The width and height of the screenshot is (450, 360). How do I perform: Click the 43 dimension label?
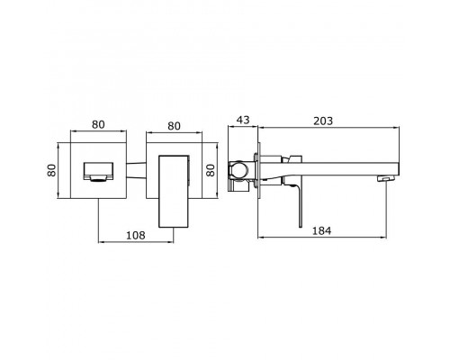[x=243, y=120]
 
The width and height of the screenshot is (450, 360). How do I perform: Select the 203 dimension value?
[x=323, y=121]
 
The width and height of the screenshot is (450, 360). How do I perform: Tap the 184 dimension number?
[x=322, y=230]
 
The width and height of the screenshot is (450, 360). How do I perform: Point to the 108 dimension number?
[x=136, y=235]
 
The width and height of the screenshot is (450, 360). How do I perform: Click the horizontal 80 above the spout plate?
[x=98, y=124]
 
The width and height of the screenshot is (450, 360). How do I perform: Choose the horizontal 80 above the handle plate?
[x=174, y=126]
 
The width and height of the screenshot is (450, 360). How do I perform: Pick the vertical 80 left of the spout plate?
[x=52, y=170]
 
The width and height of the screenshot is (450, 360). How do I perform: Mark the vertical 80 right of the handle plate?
[x=211, y=170]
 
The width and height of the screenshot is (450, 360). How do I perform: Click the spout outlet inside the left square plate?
[x=98, y=172]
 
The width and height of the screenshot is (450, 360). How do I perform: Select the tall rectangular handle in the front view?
[x=174, y=192]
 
